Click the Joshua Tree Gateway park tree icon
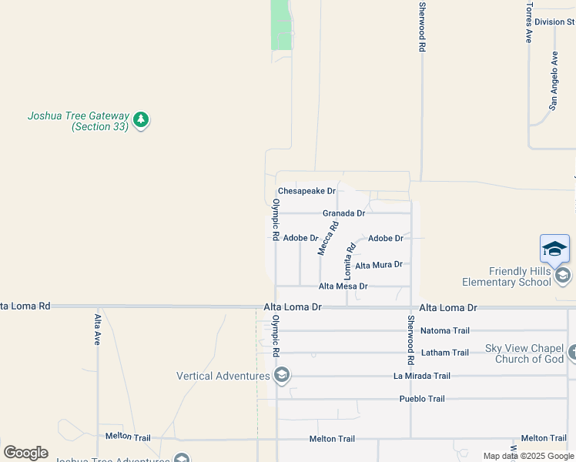click(140, 119)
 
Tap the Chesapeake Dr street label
click(306, 191)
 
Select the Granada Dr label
click(343, 213)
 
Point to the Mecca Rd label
click(328, 239)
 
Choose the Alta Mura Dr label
click(378, 265)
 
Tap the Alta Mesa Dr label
click(343, 286)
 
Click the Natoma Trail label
click(444, 331)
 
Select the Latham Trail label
click(444, 353)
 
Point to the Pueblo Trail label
click(422, 399)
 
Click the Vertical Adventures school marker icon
click(282, 376)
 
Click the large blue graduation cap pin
click(554, 249)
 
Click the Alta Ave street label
click(97, 329)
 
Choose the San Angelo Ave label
click(553, 81)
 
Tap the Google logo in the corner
click(25, 453)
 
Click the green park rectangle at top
click(282, 25)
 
